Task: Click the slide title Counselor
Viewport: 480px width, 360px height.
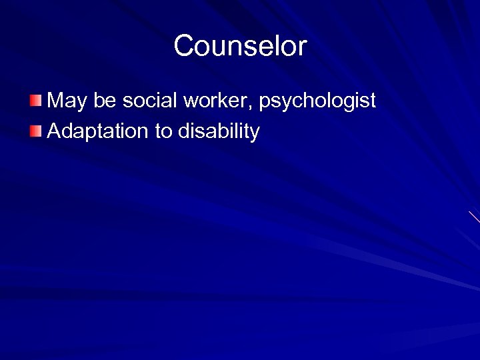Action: pyautogui.click(x=240, y=46)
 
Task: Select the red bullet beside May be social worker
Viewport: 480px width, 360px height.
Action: pyautogui.click(x=35, y=101)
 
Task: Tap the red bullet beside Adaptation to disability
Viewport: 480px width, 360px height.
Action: pyautogui.click(x=35, y=131)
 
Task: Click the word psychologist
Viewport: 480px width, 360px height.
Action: pyautogui.click(x=317, y=101)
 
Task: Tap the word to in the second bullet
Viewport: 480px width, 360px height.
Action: pyautogui.click(x=163, y=131)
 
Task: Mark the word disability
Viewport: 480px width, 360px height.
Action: pyautogui.click(x=219, y=131)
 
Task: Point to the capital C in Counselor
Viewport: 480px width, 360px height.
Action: pyautogui.click(x=183, y=46)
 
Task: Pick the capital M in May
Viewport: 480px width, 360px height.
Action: pyautogui.click(x=56, y=101)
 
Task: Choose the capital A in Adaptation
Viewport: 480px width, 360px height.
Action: pyautogui.click(x=54, y=131)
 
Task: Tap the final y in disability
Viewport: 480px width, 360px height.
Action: pyautogui.click(x=255, y=133)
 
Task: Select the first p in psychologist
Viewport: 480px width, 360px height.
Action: pyautogui.click(x=264, y=103)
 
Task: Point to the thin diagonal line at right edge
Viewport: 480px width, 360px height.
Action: pyautogui.click(x=474, y=217)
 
